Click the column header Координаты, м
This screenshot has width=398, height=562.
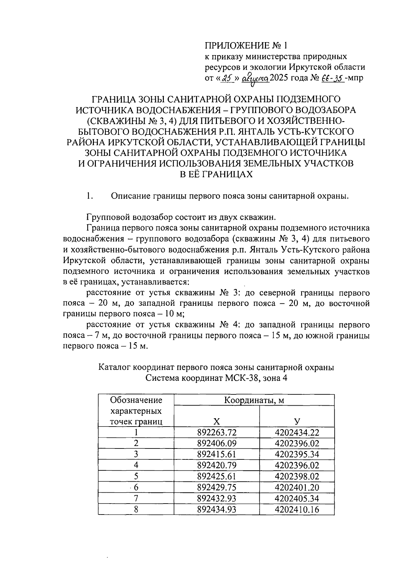tap(254, 400)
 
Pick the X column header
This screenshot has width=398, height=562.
tap(216, 422)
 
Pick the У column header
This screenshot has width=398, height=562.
tap(297, 422)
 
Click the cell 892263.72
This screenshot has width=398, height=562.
tap(216, 432)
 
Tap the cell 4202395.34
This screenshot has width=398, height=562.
tap(297, 454)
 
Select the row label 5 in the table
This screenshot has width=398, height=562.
tap(136, 476)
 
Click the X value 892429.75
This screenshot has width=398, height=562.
tap(216, 487)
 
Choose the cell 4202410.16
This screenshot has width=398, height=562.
tap(297, 509)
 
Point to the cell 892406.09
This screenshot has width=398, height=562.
tap(216, 443)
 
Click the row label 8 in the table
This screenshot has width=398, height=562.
tap(136, 509)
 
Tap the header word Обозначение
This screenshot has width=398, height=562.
tap(136, 400)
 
